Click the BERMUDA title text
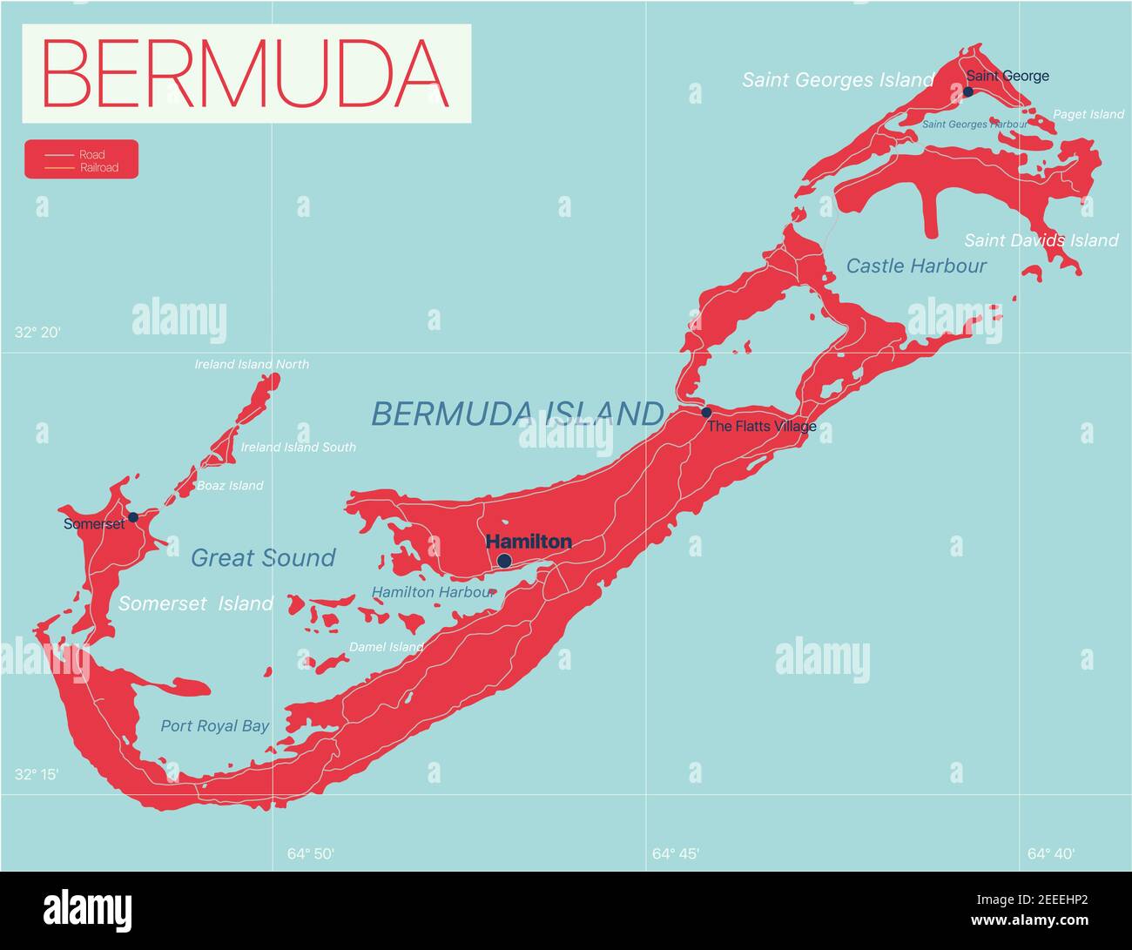246,73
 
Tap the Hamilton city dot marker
504,561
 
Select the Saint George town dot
967,91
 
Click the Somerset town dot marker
133,517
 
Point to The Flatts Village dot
706,412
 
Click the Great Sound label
263,558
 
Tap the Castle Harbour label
916,266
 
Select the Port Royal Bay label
214,726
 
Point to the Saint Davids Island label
1041,240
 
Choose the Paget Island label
1088,114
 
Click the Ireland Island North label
251,364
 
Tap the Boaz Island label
230,486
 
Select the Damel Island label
386,647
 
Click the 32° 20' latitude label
37,332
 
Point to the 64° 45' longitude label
675,853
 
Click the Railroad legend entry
98,167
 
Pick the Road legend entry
91,155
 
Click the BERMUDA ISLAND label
517,414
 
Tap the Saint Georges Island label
838,80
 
